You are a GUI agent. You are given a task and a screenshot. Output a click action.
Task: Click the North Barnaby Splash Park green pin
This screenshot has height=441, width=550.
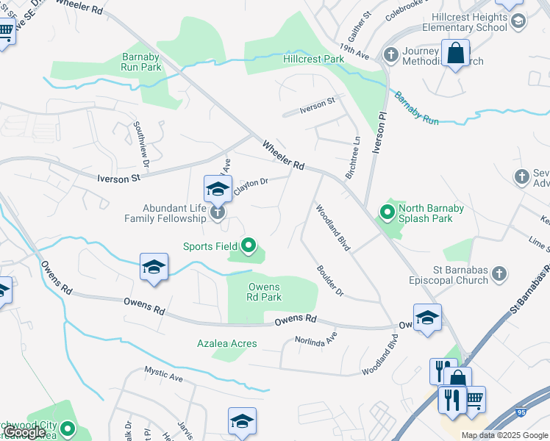point(387,213)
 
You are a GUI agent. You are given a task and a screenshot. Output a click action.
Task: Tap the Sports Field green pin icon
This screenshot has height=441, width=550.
point(249,246)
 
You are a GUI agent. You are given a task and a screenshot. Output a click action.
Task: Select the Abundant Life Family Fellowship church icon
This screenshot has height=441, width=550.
point(218,213)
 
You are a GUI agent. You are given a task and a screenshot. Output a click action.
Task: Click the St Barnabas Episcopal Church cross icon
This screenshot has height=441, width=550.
point(499,274)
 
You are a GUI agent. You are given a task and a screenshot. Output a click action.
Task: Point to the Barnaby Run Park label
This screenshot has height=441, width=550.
point(141,61)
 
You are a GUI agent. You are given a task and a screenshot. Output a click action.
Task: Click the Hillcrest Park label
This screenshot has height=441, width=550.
point(314,58)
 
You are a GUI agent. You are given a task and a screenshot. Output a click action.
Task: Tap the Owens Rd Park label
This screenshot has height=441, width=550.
point(264,292)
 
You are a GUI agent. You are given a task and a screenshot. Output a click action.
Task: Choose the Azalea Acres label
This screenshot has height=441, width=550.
point(227,343)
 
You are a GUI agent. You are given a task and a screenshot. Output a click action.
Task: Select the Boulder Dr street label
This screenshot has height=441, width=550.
point(329,280)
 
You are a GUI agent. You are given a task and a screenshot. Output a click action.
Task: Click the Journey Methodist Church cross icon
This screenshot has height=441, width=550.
point(390,54)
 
